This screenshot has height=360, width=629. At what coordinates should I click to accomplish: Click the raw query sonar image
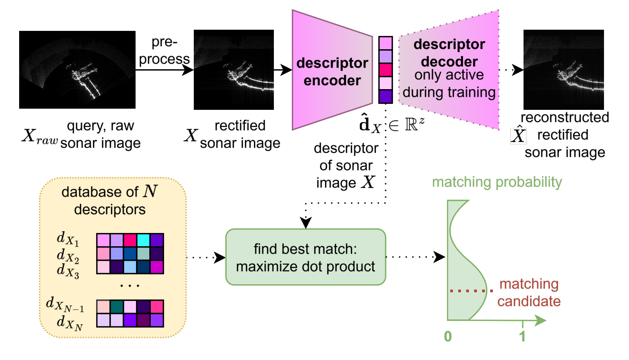pos(77,70)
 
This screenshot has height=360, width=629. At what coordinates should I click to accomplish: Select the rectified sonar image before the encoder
pos(234,70)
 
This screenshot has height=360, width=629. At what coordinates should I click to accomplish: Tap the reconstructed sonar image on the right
pos(563,70)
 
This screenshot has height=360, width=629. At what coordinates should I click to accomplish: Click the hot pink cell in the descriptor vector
pos(385,70)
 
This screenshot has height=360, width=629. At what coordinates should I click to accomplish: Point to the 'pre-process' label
pos(164,50)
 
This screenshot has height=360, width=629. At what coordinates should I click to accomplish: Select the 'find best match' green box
pos(306,257)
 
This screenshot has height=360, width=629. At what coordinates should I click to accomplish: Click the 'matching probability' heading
pos(497,182)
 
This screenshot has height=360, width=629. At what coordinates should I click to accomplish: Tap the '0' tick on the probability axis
pos(448,336)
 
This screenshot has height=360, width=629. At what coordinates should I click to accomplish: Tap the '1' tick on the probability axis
pos(522,336)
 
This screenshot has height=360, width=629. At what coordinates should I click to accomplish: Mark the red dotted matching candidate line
pos(470,290)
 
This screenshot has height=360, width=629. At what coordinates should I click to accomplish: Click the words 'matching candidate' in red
pos(529,292)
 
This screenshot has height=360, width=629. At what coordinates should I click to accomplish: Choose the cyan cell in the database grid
pos(143,240)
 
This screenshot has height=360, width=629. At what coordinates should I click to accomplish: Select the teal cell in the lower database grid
pos(116,306)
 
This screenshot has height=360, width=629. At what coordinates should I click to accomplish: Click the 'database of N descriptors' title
pos(109,201)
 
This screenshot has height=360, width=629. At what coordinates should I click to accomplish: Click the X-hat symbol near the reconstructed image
pos(518,135)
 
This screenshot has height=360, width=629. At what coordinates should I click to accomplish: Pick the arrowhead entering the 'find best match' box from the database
pos(221,257)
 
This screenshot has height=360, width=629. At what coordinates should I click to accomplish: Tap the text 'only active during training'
pos(449,84)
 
